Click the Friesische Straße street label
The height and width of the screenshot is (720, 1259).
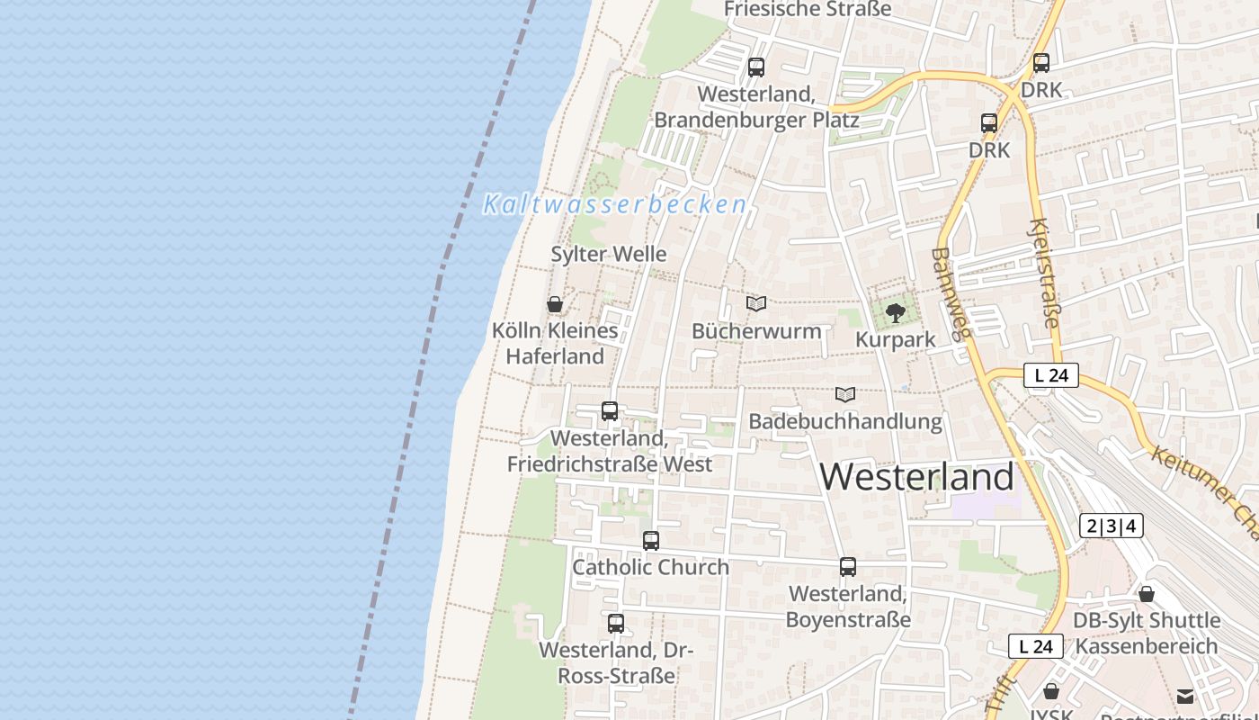point(807,10)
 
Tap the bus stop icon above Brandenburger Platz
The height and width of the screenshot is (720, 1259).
point(756,67)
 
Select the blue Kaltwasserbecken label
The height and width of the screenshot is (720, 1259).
point(615,204)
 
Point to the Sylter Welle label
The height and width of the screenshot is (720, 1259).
point(609,254)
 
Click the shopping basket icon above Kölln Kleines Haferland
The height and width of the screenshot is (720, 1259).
point(555,304)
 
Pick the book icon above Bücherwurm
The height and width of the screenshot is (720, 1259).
point(756,304)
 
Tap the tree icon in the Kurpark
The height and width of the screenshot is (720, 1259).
point(895,313)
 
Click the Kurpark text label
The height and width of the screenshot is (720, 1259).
point(895,340)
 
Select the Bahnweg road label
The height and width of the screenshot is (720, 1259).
point(951,292)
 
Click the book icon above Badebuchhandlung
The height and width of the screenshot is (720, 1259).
point(844,394)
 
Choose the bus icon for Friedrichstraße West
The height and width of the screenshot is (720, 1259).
point(610,411)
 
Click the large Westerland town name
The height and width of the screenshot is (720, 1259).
point(917,476)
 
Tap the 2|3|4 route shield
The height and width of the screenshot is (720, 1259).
point(1112,526)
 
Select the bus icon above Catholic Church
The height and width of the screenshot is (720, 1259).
point(651,541)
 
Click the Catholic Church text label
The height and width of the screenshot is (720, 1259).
point(651,567)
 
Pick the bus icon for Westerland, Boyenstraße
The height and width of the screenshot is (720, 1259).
point(848,567)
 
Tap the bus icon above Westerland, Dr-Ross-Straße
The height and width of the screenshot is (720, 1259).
point(616,623)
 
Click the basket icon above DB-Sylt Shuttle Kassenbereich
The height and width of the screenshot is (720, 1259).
point(1147,594)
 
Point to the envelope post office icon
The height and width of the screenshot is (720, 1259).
point(1185,696)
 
